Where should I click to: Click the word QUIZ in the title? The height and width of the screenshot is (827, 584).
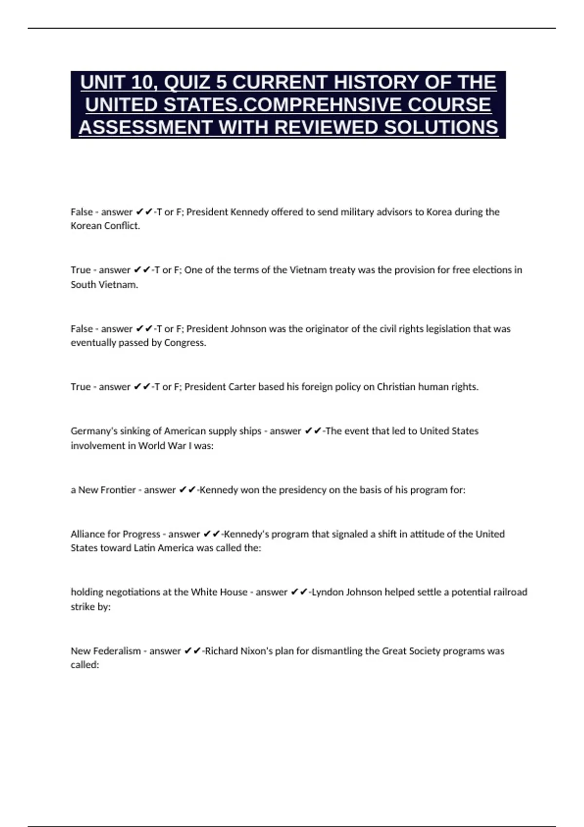[187, 82]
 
